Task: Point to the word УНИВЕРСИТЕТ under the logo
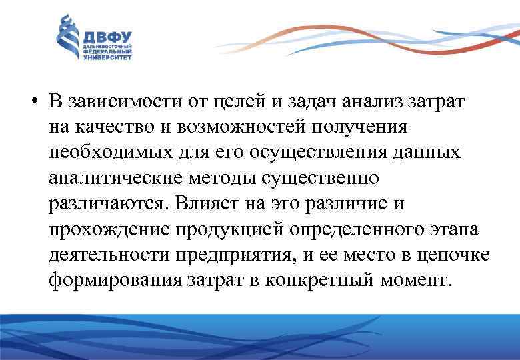(107, 58)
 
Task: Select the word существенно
(321, 178)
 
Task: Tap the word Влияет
(201, 203)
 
